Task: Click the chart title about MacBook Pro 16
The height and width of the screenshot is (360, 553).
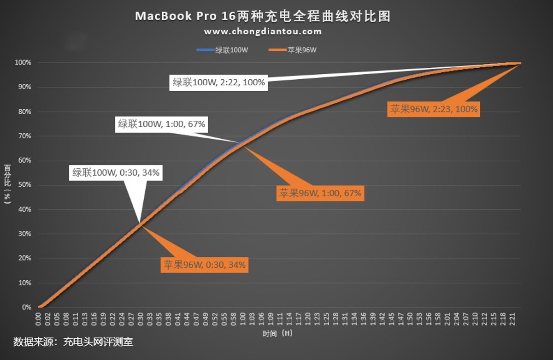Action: pos(263,17)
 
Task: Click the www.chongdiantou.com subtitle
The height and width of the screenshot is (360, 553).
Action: pos(263,32)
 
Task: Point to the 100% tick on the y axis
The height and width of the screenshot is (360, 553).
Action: pos(24,63)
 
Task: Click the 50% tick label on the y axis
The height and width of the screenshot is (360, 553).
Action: pos(25,185)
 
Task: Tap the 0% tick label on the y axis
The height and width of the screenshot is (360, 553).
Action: pos(27,307)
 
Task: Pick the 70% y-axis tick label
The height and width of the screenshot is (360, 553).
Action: pos(25,136)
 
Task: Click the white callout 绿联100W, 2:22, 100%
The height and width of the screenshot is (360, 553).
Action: pos(219,83)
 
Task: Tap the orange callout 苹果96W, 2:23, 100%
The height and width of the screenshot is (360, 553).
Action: pos(434,109)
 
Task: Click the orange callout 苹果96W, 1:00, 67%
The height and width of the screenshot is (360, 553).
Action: pos(320,193)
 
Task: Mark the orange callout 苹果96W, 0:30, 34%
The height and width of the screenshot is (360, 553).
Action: pos(205,265)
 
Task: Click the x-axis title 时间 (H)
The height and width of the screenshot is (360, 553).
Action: pos(276,332)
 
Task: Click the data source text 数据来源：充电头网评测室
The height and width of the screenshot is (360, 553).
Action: pos(73,342)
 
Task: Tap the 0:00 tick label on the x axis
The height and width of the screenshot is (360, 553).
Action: pos(38,319)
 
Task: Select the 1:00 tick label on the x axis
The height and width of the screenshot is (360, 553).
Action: pos(242,319)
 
